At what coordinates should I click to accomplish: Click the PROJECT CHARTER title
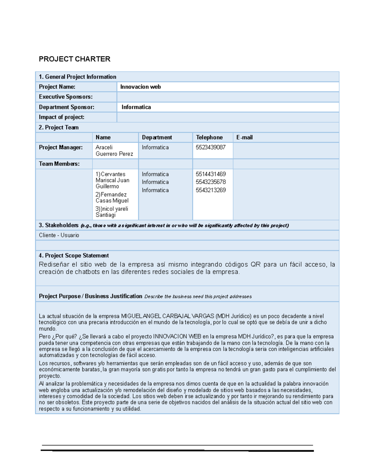pos(75,59)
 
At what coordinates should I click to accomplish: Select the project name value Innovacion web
pos(140,87)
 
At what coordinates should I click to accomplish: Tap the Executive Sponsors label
pos(66,97)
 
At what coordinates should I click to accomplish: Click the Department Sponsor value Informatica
pos(136,107)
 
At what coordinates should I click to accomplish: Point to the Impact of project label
pos(61,117)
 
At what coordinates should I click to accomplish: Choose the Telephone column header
pos(209,137)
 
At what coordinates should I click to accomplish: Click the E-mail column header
pos(244,137)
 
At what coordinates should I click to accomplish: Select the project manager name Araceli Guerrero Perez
pos(114,150)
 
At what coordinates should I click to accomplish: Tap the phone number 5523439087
pos(210,147)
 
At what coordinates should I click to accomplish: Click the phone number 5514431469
pos(211,174)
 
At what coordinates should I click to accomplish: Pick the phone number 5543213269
pos(211,190)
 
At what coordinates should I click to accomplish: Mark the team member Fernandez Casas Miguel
pos(112,198)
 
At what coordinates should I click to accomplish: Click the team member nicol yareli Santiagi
pos(112,212)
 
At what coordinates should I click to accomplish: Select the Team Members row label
pos(59,164)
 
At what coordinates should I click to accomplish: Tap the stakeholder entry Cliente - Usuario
pos(59,235)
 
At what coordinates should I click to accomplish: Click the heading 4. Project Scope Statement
pos(74,255)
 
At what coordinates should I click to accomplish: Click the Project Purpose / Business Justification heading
pos(90,296)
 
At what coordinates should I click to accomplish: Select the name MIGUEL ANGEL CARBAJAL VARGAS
pos(167,316)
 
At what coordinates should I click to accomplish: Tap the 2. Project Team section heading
pos(59,127)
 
